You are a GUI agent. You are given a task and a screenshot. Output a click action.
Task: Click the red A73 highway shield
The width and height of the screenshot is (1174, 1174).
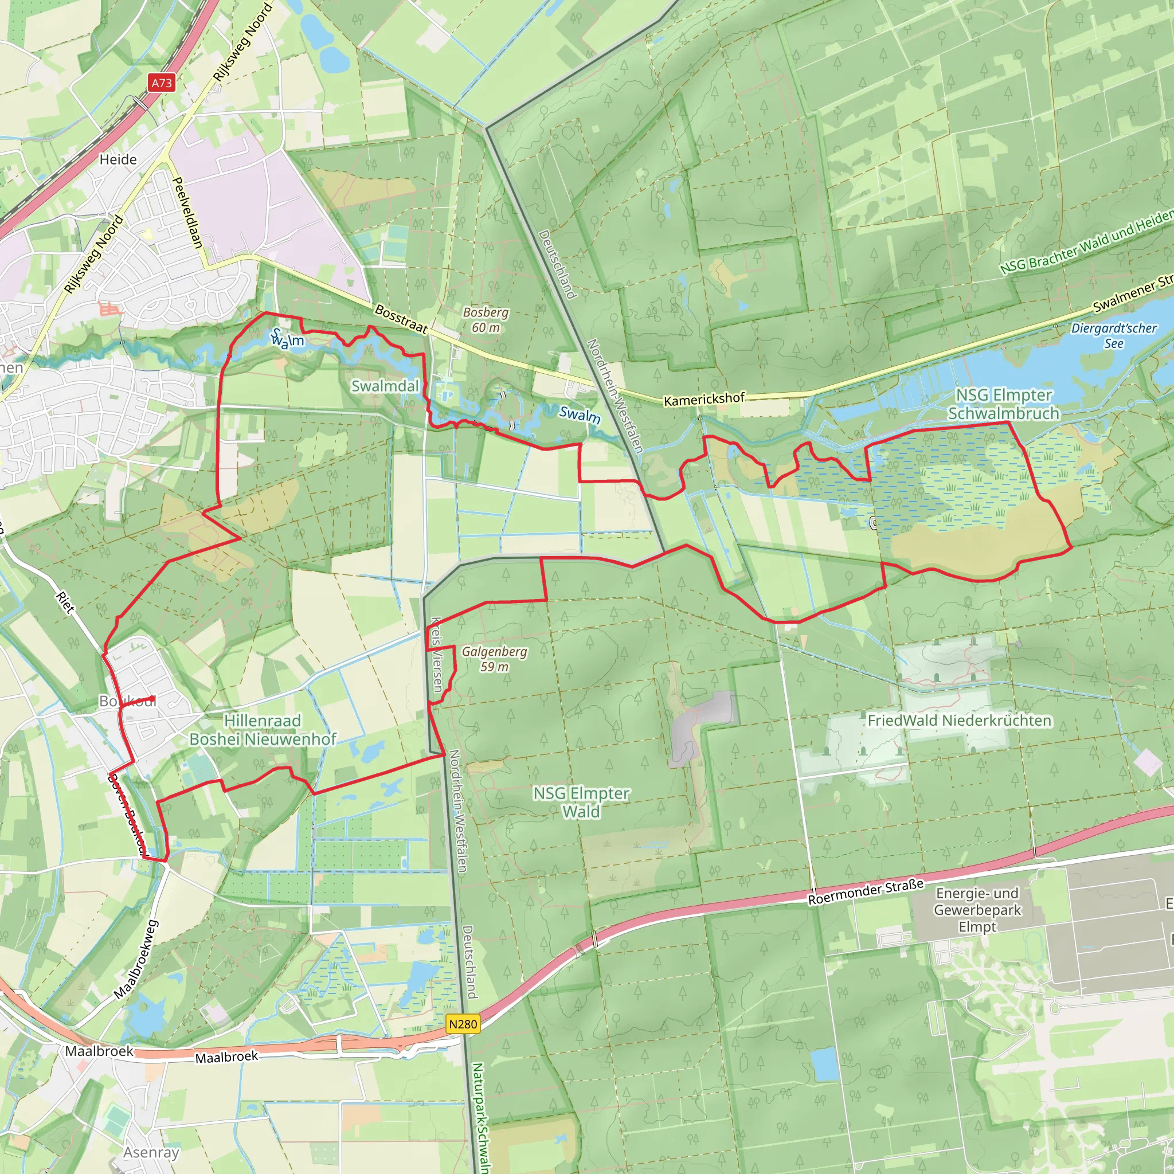(162, 83)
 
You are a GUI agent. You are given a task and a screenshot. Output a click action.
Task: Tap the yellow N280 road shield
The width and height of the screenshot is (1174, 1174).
(463, 1024)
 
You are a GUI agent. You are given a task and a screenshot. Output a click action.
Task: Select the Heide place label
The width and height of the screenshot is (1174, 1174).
(118, 159)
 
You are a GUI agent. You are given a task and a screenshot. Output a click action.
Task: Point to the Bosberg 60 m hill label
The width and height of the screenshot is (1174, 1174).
(486, 320)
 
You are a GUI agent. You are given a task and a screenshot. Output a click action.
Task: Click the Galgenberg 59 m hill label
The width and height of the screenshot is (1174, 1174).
(495, 659)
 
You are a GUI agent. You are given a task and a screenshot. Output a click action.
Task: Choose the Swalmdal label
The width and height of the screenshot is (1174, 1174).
(385, 386)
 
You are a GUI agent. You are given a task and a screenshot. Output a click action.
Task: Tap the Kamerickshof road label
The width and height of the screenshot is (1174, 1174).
(704, 399)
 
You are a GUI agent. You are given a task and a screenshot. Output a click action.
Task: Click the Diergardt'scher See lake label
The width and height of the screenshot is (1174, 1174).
(1113, 335)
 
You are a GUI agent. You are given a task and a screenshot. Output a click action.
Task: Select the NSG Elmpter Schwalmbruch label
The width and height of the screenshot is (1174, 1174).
(1003, 404)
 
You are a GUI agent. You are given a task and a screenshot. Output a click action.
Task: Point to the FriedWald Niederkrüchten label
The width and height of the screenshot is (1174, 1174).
(959, 720)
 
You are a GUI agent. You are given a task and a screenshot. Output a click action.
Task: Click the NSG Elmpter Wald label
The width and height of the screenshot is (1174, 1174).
(581, 802)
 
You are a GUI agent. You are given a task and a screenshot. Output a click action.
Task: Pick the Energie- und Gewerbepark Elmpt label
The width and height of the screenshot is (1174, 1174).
(977, 910)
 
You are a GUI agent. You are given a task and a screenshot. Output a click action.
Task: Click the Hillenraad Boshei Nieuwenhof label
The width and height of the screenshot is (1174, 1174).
(263, 730)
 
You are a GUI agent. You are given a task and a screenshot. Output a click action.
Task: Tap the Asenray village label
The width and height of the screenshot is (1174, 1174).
(151, 1152)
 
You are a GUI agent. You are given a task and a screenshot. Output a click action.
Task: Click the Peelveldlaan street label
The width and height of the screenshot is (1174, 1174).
(188, 213)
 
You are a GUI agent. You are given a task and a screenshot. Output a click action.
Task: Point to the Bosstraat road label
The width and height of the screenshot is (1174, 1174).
(401, 318)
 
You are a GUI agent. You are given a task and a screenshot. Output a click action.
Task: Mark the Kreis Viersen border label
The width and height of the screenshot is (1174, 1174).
(436, 655)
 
